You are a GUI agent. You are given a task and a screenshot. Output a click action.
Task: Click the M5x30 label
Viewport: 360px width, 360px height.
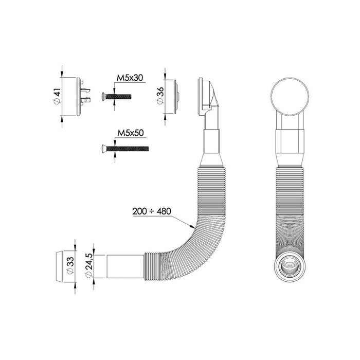pyautogui.click(x=129, y=78)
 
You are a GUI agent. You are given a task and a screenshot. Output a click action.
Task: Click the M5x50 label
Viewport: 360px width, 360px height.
pyautogui.click(x=130, y=133)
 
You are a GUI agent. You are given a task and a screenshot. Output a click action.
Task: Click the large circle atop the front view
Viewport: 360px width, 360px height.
pyautogui.click(x=291, y=96)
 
